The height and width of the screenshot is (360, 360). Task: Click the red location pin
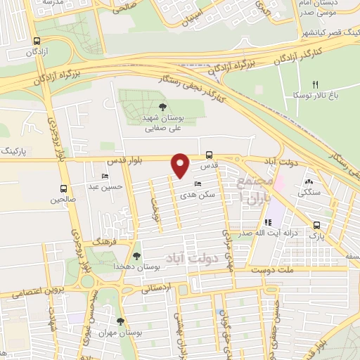coord(181,165)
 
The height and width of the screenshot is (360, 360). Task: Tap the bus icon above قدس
coord(209,155)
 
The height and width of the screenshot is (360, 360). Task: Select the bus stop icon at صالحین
coord(65,188)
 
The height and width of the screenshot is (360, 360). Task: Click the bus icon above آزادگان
coord(36,41)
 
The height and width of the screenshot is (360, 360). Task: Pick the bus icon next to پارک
coord(316,226)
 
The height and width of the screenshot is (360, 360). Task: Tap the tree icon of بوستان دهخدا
coord(136,256)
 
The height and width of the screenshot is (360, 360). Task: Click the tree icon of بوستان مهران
coord(121,321)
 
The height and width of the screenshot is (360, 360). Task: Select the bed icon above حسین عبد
coord(105,176)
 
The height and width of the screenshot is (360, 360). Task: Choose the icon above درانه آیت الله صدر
coord(267,223)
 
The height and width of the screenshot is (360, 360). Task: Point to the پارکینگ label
coord(16,151)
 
